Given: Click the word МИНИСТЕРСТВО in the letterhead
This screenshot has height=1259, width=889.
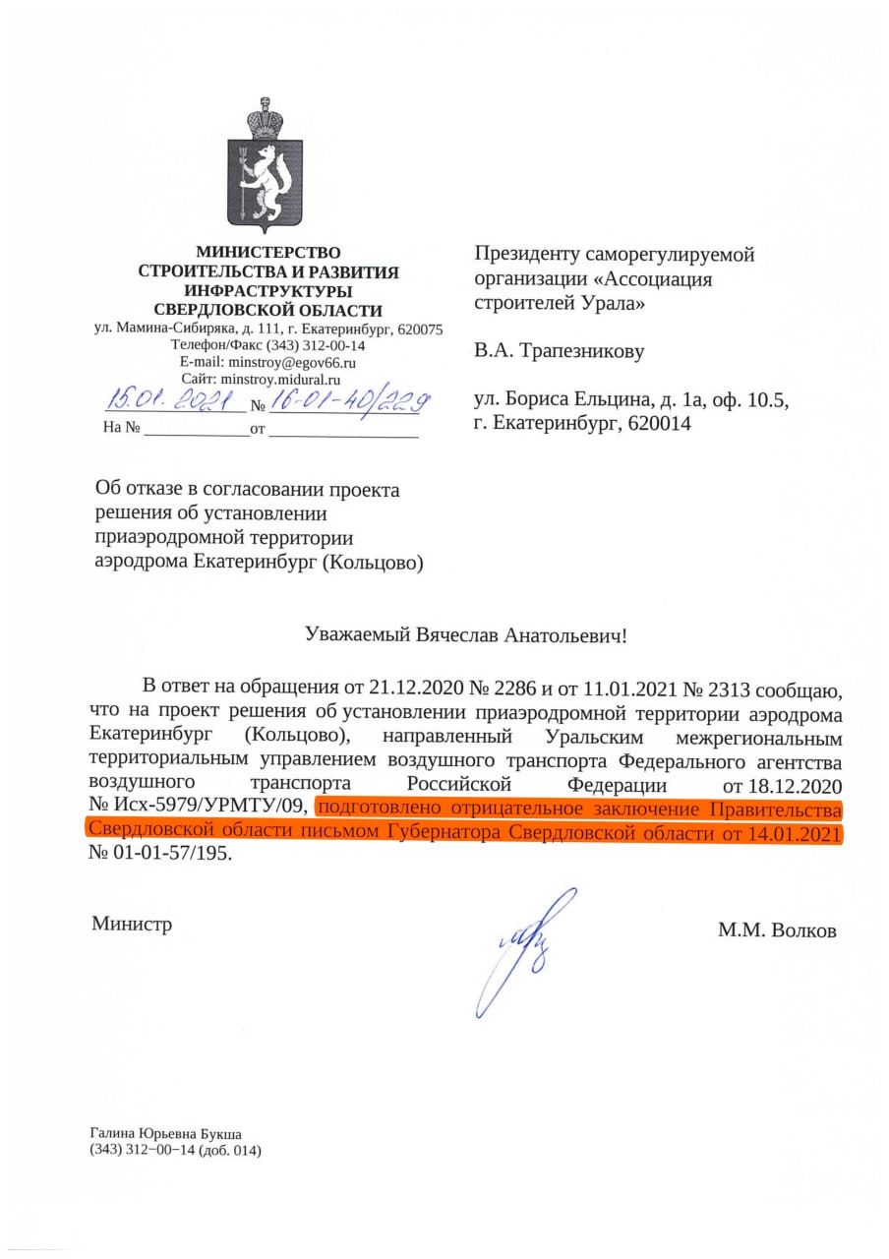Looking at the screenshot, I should pyautogui.click(x=268, y=253).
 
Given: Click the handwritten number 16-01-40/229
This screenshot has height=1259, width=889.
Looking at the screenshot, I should pyautogui.click(x=349, y=400).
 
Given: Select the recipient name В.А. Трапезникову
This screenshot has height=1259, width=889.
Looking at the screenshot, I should pyautogui.click(x=560, y=350).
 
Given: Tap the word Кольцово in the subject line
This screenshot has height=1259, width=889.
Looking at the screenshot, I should pyautogui.click(x=378, y=562).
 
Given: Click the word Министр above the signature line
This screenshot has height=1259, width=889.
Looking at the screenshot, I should pyautogui.click(x=132, y=924).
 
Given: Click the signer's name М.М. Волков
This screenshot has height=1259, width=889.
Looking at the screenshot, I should pyautogui.click(x=777, y=929).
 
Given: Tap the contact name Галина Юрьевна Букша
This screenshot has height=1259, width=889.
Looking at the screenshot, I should pyautogui.click(x=165, y=1133).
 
